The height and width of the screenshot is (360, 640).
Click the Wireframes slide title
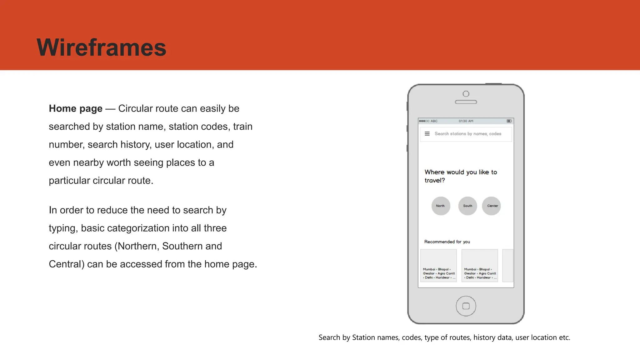click(101, 47)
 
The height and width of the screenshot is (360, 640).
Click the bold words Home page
click(75, 108)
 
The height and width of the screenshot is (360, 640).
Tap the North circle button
click(441, 206)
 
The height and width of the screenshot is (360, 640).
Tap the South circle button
click(467, 206)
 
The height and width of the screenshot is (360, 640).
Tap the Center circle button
click(492, 206)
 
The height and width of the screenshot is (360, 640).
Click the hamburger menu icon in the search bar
click(427, 134)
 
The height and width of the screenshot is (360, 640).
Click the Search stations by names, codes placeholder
click(468, 134)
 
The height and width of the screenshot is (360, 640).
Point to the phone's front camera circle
click(466, 94)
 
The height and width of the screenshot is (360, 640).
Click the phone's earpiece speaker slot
click(466, 102)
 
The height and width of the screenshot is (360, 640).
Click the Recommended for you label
click(447, 242)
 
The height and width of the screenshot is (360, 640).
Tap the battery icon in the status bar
click(509, 121)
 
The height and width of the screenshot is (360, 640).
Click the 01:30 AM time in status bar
click(466, 121)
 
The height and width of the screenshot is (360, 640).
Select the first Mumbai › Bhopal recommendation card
click(438, 266)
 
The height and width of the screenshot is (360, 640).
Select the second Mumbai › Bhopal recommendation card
click(480, 266)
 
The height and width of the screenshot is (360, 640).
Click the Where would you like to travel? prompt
click(460, 176)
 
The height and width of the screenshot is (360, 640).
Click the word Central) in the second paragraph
click(67, 264)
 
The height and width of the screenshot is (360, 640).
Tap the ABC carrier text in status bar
click(434, 121)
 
